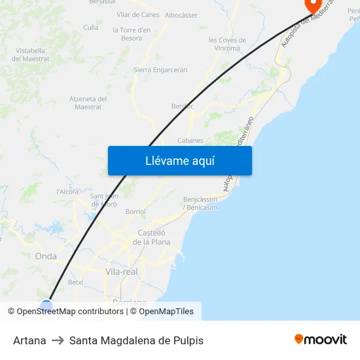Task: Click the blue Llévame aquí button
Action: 179,160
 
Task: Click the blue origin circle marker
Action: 46,304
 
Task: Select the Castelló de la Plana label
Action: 151,238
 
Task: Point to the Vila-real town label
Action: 121,271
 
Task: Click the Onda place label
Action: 46,257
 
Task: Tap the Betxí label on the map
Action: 75,282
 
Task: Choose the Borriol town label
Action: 135,212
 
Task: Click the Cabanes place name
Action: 190,140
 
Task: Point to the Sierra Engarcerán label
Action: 160,69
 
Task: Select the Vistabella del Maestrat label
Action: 31,54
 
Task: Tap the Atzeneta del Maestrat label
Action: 88,103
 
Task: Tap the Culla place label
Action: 91,27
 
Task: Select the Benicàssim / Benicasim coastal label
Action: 200,203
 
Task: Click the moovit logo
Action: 320,340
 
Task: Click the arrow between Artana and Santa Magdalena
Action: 58,340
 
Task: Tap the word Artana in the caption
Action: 29,340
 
